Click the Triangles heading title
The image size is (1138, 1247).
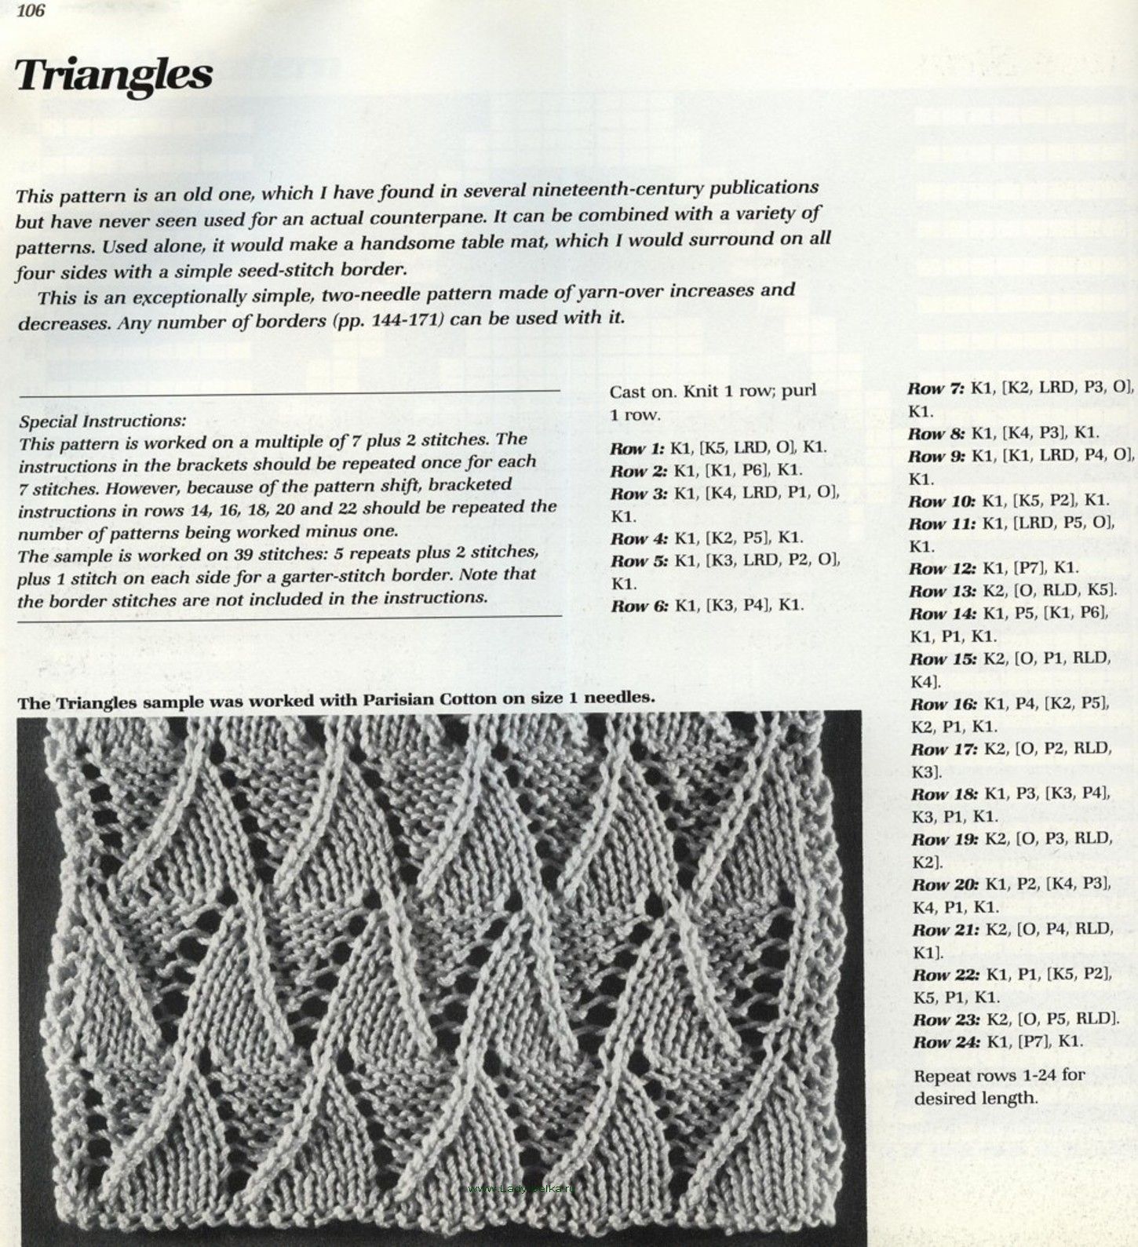click(114, 75)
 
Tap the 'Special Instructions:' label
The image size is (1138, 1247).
click(103, 421)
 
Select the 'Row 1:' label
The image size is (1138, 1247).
click(638, 449)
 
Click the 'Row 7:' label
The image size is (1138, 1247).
click(936, 388)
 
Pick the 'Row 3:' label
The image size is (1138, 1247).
click(638, 494)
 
